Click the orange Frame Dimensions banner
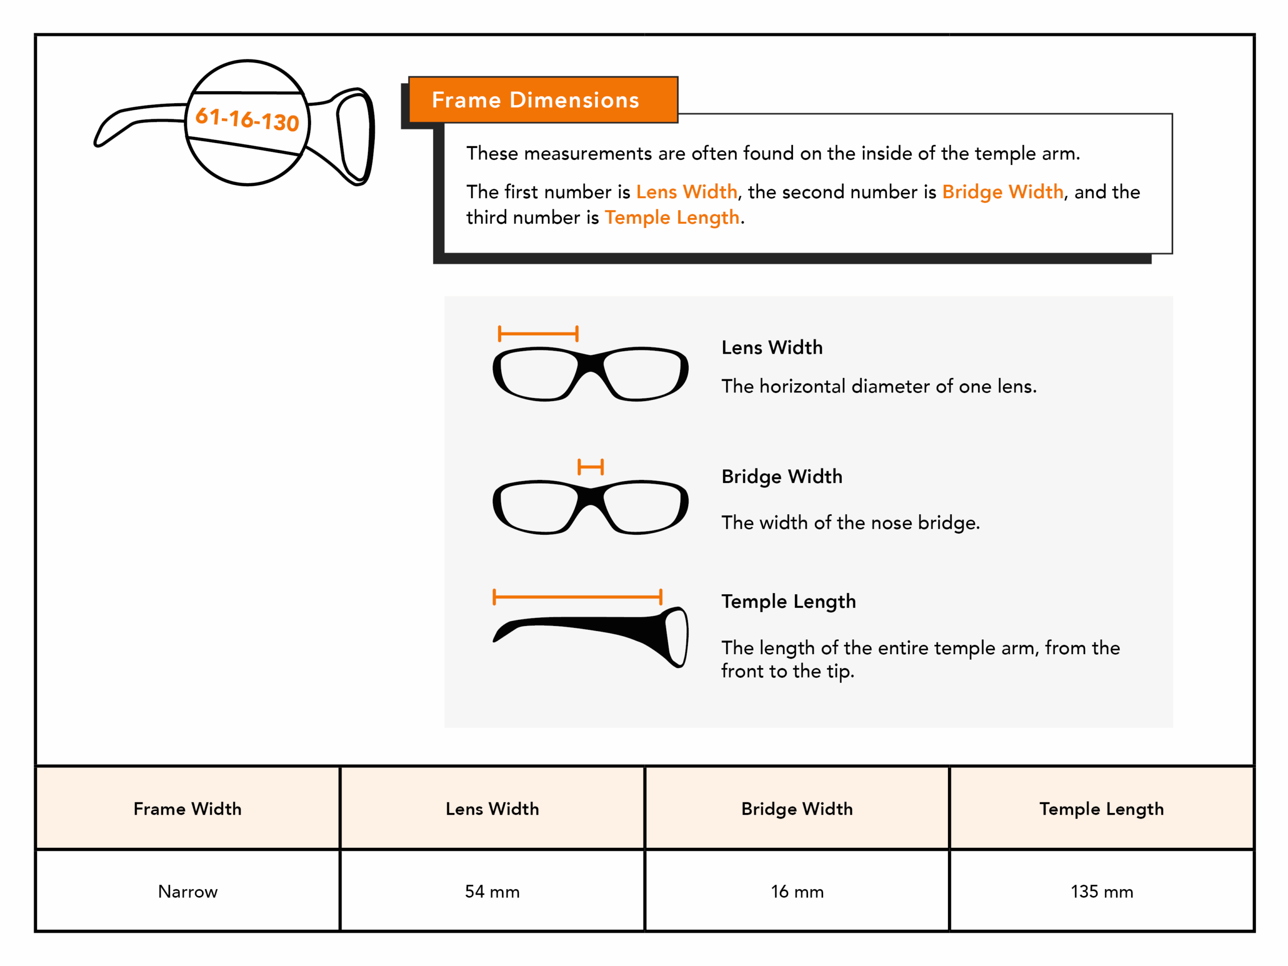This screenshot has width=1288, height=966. tap(543, 100)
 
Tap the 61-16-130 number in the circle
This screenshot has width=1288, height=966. tap(247, 119)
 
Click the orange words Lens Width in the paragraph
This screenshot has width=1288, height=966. tap(686, 192)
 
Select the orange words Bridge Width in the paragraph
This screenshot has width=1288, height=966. tap(1002, 192)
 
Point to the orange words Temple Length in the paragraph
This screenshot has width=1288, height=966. tap(672, 217)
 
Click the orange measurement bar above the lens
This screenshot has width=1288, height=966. tap(538, 334)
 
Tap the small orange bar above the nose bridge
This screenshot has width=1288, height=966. tap(591, 466)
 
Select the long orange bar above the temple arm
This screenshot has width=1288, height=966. tap(577, 597)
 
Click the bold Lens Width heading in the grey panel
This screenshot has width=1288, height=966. tap(771, 348)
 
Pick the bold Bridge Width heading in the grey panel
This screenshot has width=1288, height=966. tap(781, 476)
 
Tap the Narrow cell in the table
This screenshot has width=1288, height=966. tap(188, 891)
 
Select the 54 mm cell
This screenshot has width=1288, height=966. tap(492, 891)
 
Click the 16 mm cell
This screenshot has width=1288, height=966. tap(796, 891)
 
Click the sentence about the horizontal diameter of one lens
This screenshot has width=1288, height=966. tap(878, 386)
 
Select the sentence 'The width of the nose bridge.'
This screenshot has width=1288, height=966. tap(850, 522)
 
